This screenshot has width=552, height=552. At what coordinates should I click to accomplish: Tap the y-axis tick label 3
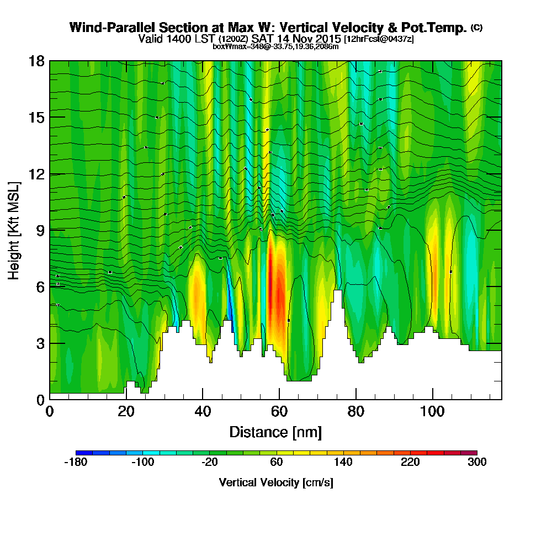point(40,343)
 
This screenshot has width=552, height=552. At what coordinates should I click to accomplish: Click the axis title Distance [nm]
point(275,432)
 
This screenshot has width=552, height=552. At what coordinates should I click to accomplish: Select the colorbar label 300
point(476,463)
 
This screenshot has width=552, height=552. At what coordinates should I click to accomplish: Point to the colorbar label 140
point(343,463)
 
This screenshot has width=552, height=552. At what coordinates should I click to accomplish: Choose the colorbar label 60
point(277,463)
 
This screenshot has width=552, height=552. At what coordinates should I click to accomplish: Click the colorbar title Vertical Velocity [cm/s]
point(275,482)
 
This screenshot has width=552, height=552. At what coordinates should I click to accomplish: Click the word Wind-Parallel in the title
point(103,28)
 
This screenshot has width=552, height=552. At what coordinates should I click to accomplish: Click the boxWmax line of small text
point(275,46)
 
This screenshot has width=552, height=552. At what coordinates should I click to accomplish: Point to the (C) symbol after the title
point(476,27)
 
